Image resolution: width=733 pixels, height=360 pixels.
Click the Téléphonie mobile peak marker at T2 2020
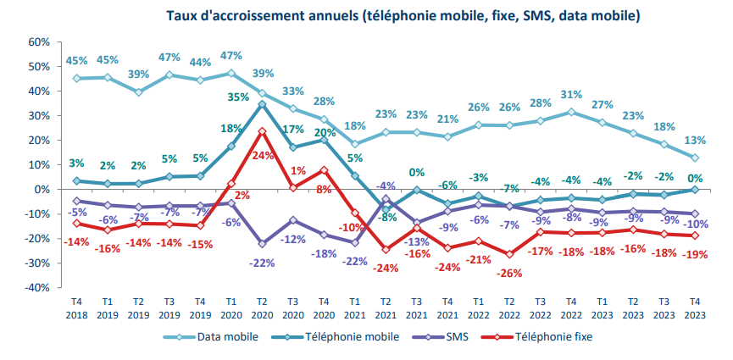tap(262, 104)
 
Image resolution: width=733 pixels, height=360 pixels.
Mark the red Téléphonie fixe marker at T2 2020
tap(262, 131)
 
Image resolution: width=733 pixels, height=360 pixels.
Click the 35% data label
tap(238, 97)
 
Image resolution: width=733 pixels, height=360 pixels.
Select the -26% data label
tap(510, 274)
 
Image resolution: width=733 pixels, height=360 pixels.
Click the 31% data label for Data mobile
tap(572, 94)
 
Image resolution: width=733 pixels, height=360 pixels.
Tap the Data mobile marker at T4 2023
tap(695, 158)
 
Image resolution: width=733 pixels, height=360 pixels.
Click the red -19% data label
tap(697, 255)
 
